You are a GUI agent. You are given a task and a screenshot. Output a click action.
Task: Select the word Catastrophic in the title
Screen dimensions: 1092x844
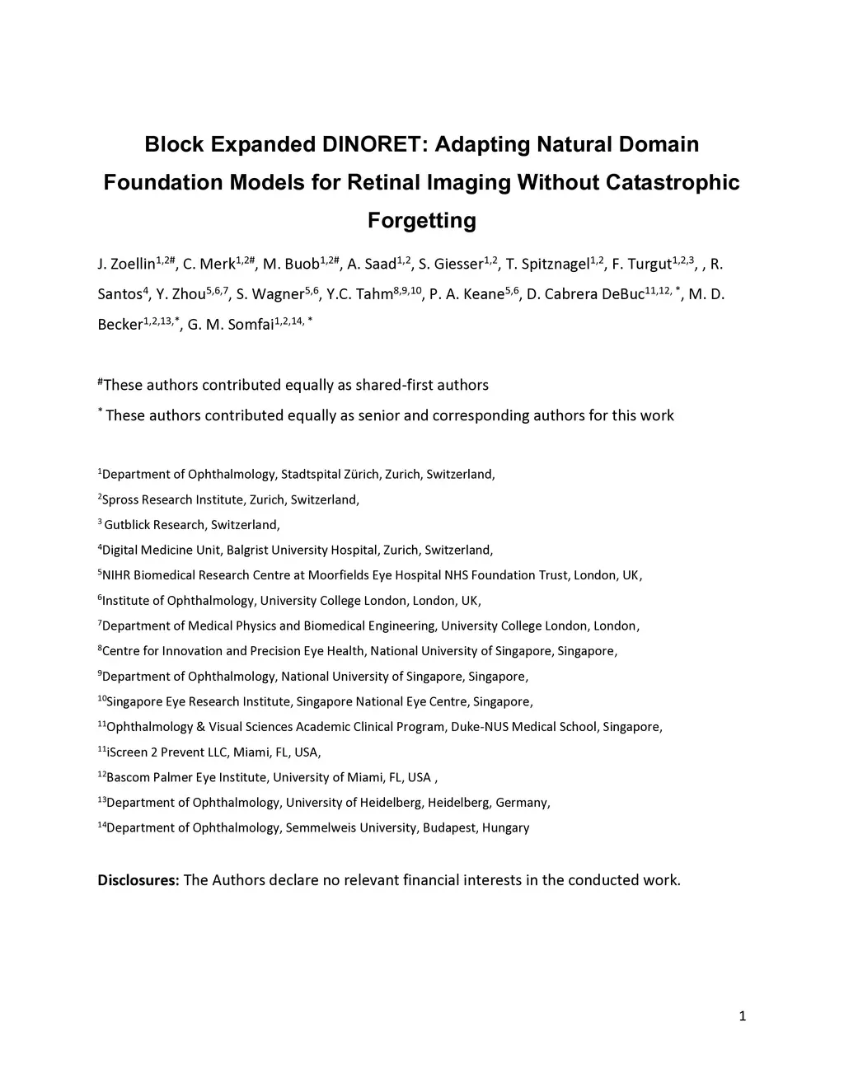tap(673, 182)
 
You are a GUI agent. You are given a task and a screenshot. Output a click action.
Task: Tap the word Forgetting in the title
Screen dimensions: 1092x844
tap(422, 221)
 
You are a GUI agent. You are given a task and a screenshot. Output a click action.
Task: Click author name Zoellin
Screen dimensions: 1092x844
tap(131, 265)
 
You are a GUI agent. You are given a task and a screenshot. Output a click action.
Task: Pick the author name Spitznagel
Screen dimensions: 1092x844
tap(556, 265)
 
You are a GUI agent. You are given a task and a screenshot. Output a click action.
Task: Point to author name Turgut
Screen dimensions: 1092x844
tap(649, 265)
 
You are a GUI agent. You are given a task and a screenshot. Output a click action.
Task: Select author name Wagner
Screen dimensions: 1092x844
tap(278, 295)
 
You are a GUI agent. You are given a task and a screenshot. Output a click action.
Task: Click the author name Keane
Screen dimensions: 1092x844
tap(483, 295)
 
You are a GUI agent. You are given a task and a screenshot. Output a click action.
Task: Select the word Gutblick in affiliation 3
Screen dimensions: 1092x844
tap(129, 525)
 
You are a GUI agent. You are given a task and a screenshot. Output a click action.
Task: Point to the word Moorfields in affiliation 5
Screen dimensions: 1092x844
tap(339, 575)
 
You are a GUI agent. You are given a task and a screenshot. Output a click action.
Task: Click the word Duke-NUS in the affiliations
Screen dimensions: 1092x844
tap(477, 727)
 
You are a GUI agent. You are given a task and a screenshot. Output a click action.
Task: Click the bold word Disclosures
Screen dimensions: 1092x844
tap(138, 880)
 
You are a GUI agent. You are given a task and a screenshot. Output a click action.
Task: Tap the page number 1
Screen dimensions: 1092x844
tap(743, 1016)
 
